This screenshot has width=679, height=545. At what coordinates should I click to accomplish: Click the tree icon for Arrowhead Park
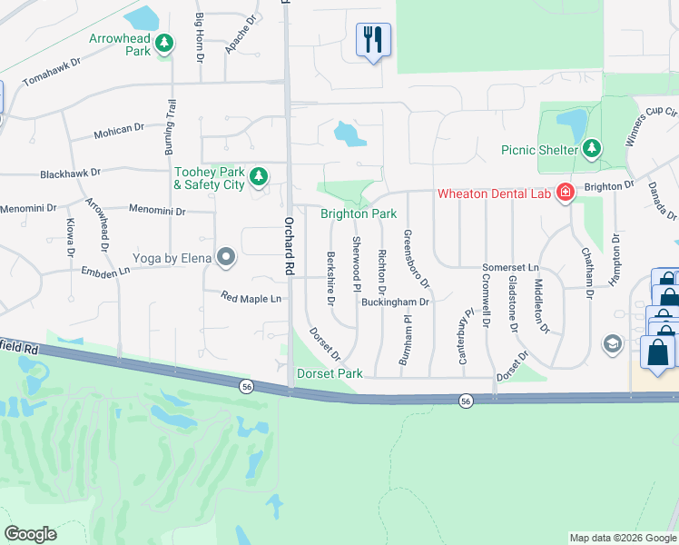click(x=164, y=43)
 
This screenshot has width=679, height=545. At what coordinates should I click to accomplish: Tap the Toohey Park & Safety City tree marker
click(x=259, y=176)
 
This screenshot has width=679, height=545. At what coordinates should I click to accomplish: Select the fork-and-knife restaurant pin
click(x=373, y=40)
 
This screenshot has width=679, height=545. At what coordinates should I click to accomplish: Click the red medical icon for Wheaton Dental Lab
click(x=566, y=193)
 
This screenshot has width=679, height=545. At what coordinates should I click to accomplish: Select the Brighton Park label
click(x=359, y=214)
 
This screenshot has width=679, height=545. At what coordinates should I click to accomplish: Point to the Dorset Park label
click(x=330, y=373)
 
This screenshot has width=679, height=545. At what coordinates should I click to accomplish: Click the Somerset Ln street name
click(x=510, y=269)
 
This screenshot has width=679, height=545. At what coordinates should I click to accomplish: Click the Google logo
click(x=31, y=534)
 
